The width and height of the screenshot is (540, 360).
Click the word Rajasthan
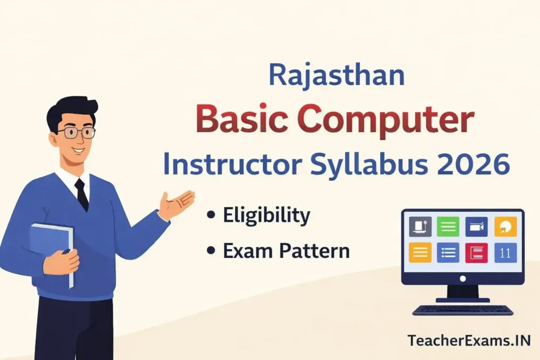point(336,74)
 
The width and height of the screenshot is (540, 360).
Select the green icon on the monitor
point(448,227)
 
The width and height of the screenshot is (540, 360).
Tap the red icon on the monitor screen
point(476,252)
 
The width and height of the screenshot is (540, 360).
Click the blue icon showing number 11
point(505,252)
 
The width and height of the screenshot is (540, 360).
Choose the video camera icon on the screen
point(476,227)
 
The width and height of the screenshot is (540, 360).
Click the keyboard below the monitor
point(462,310)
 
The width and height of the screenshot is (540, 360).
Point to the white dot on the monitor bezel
point(462,278)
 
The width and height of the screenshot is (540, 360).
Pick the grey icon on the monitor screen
point(420,227)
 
